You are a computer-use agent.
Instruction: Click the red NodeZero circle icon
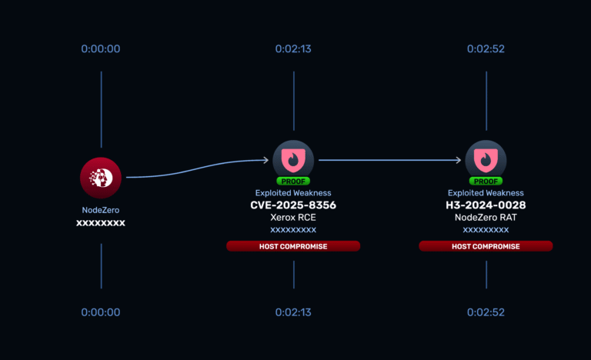[x=101, y=178]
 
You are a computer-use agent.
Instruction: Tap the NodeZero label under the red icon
[x=101, y=210]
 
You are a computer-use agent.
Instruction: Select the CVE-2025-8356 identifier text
[x=293, y=205]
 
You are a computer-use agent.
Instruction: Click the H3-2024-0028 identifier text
[x=486, y=205]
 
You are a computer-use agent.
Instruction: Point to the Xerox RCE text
[x=293, y=218]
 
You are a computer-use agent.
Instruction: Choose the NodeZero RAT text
[x=486, y=218]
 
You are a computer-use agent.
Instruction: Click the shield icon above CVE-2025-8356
[x=293, y=160]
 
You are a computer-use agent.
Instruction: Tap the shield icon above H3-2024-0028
[x=486, y=160]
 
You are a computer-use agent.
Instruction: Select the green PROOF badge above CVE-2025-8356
[x=293, y=182]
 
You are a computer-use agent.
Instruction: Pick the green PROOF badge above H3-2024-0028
[x=486, y=182]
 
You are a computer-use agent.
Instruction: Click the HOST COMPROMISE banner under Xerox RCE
[x=293, y=246]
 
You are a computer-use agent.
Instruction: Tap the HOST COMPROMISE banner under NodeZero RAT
[x=486, y=246]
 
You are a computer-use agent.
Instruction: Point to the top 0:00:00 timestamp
[x=101, y=49]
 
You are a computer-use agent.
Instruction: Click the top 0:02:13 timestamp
[x=293, y=49]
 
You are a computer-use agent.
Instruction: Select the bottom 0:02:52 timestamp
[x=486, y=312]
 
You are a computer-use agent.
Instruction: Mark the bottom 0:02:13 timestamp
[x=293, y=312]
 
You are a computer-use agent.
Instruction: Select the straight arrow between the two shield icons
[x=389, y=160]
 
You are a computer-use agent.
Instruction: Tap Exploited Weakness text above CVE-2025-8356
[x=293, y=193]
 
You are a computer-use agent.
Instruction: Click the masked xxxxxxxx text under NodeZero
[x=101, y=223]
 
